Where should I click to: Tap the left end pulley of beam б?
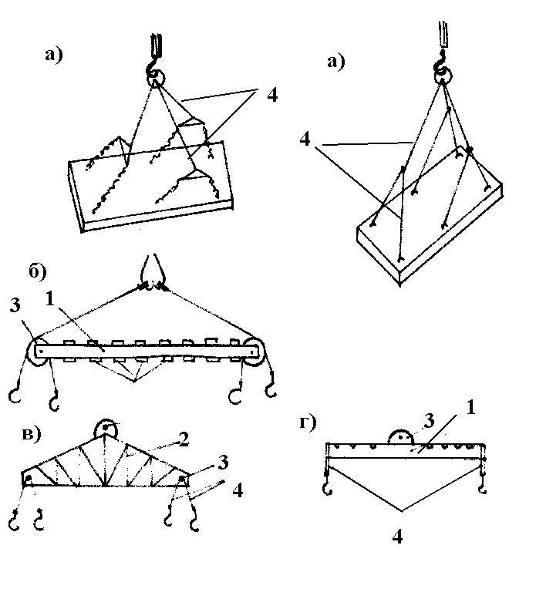pyautogui.click(x=39, y=351)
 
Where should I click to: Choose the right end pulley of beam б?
pyautogui.click(x=253, y=351)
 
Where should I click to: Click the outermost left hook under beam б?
pyautogui.click(x=14, y=395)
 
